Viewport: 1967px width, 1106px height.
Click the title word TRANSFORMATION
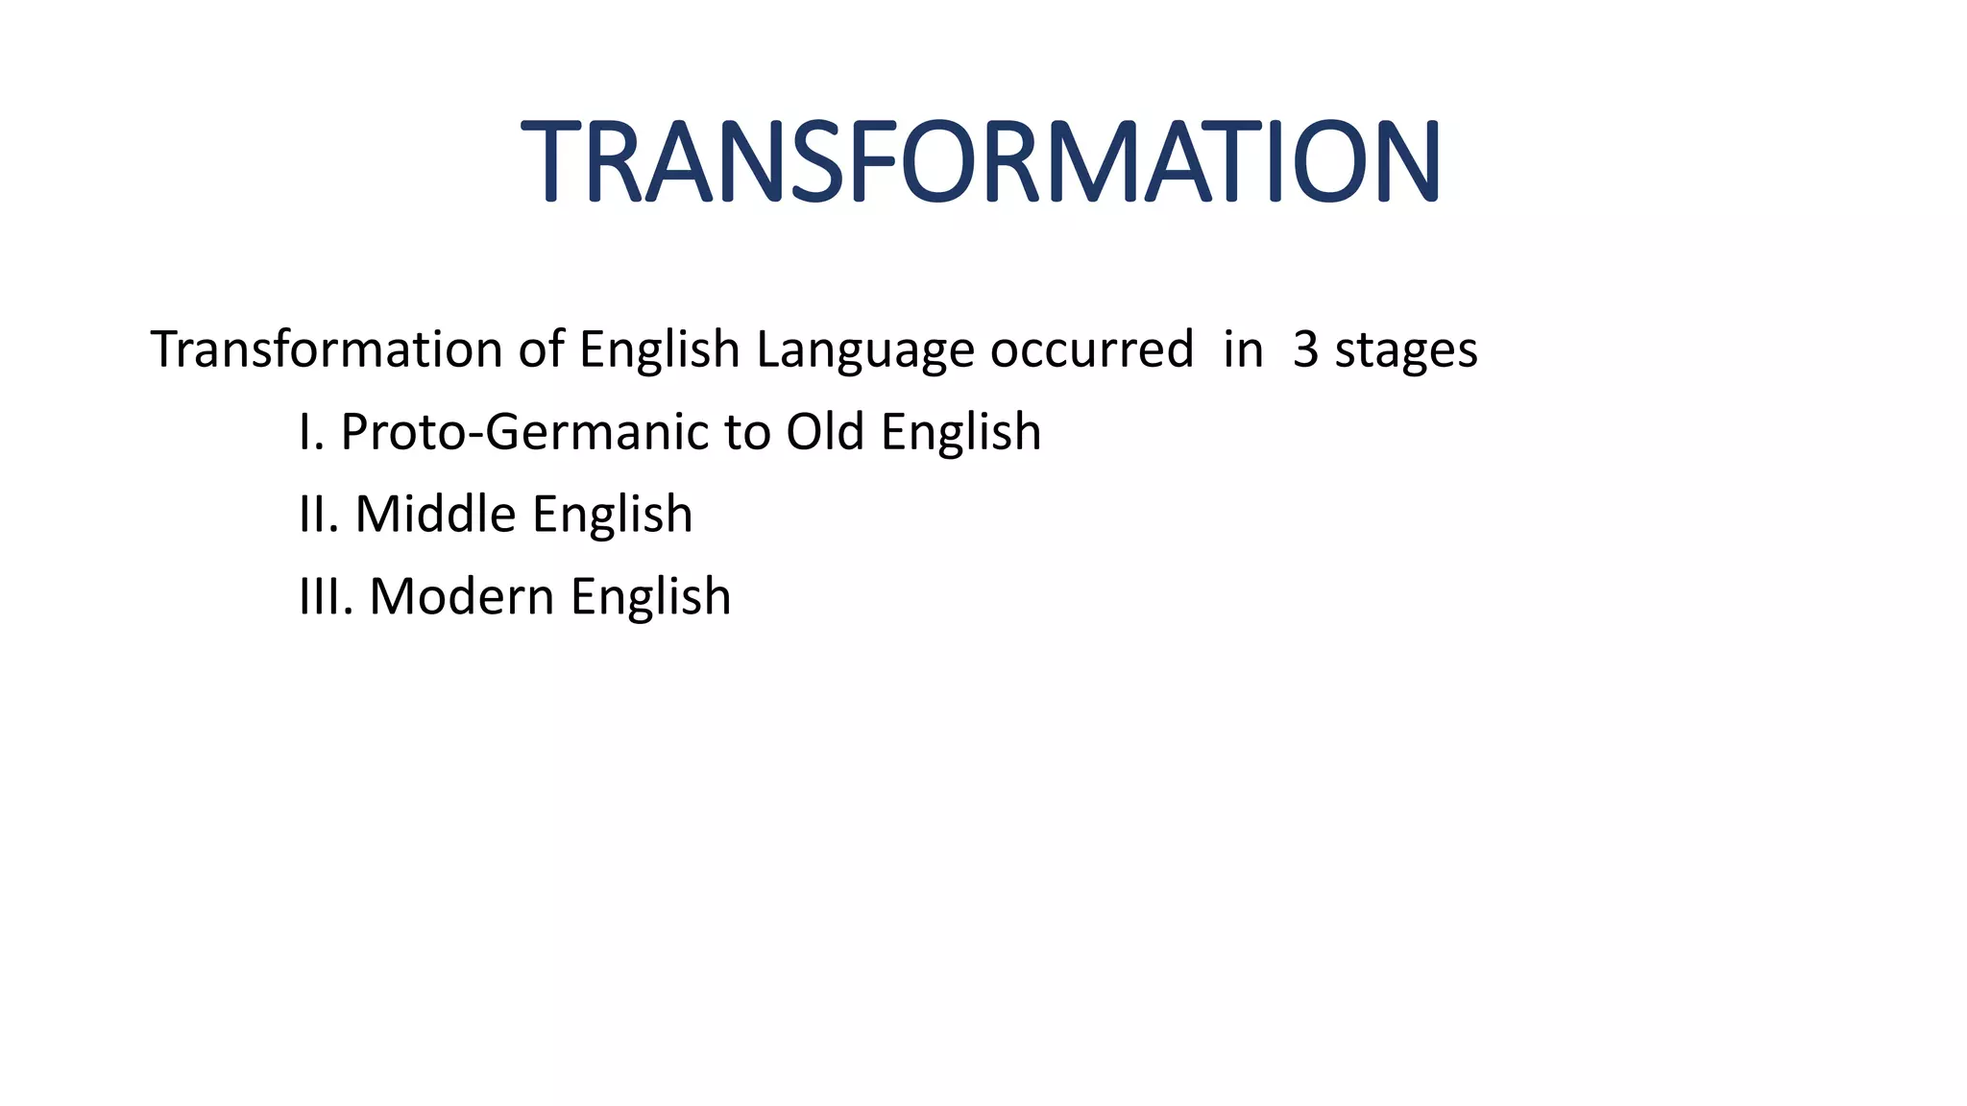(981, 160)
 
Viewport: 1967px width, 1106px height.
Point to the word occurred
(1092, 349)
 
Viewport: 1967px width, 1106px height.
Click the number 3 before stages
(1305, 349)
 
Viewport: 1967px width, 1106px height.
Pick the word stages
(1406, 350)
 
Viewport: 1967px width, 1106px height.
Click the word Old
(825, 431)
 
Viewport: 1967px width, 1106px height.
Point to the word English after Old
(960, 433)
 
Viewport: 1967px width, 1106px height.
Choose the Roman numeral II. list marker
(319, 514)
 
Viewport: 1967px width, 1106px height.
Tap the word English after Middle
(612, 516)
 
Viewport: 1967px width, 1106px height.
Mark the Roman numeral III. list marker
(327, 596)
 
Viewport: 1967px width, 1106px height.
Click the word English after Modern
(650, 598)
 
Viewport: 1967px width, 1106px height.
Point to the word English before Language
(659, 350)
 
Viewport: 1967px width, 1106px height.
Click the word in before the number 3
(1243, 349)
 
